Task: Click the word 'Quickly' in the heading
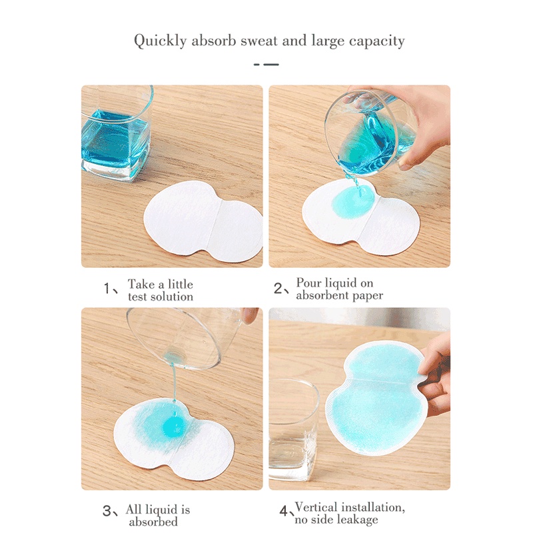[x=161, y=41]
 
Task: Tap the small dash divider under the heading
[x=266, y=65]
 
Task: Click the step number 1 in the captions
[x=107, y=289]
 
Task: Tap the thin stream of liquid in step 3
[x=173, y=386]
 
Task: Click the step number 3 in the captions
[x=107, y=512]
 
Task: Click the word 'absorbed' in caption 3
[x=154, y=522]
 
